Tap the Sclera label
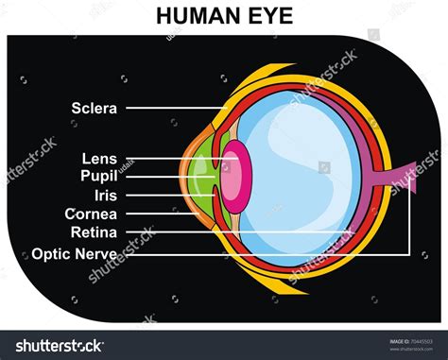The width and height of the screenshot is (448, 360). click(94, 108)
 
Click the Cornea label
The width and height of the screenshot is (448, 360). click(91, 214)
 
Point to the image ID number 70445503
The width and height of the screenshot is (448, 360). click(416, 341)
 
